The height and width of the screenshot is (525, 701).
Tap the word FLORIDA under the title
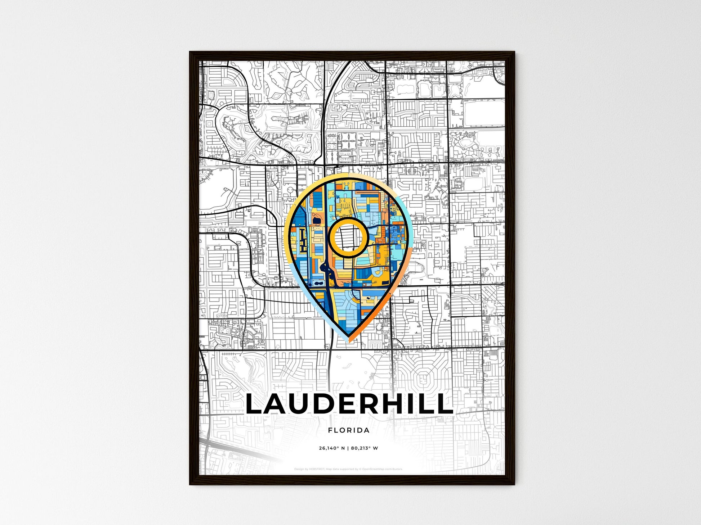[349, 430]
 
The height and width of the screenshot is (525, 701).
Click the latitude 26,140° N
[332, 448]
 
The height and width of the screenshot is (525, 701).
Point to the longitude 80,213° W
[364, 448]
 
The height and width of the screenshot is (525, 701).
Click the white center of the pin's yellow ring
[348, 237]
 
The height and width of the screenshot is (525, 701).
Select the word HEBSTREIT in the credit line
[317, 469]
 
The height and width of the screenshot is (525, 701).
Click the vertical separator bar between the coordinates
[348, 448]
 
